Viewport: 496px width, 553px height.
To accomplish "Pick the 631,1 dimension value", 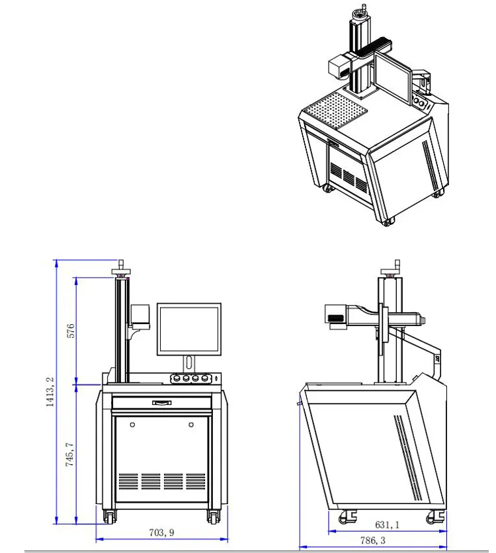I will tap(387, 525).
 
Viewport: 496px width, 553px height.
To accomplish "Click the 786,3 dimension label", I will tap(373, 541).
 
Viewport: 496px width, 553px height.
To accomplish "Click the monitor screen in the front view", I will tap(188, 329).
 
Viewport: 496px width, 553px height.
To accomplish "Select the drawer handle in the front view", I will tap(162, 402).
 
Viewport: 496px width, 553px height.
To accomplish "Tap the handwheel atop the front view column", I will tap(121, 270).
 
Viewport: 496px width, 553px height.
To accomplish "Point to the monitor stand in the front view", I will tap(189, 363).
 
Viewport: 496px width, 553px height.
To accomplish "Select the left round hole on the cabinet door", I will tap(133, 423).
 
